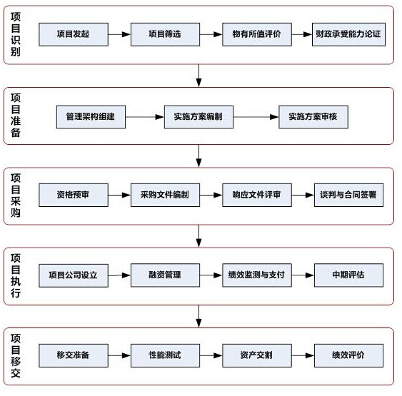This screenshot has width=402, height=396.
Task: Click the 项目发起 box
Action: tap(74, 34)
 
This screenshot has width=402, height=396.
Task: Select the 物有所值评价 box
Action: tap(257, 34)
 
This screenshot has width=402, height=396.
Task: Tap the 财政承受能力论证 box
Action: tap(348, 34)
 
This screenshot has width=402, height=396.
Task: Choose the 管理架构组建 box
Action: tap(91, 117)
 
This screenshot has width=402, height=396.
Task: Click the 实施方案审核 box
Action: tap(313, 117)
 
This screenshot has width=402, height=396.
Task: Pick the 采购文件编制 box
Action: tap(165, 196)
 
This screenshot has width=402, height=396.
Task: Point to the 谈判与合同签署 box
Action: tap(348, 196)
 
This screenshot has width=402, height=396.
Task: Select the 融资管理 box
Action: tap(165, 275)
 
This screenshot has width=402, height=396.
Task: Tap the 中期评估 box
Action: tap(348, 275)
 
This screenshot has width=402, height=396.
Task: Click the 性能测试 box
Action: tap(165, 355)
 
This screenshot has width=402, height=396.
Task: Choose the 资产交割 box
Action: tap(257, 355)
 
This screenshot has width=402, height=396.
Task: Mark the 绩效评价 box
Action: tap(348, 355)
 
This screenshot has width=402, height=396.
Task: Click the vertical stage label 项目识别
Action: tap(16, 34)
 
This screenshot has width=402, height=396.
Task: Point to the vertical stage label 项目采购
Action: tap(16, 196)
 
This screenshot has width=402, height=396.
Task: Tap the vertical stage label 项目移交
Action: tap(16, 356)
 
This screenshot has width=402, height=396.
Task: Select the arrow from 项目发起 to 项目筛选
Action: tap(119, 34)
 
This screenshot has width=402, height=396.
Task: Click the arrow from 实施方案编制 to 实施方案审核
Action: tap(256, 117)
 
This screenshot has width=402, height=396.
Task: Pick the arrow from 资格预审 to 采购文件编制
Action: tap(119, 196)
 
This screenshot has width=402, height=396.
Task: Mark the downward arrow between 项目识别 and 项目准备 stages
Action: tap(199, 76)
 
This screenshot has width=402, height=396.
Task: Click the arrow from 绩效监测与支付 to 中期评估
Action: tap(303, 275)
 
